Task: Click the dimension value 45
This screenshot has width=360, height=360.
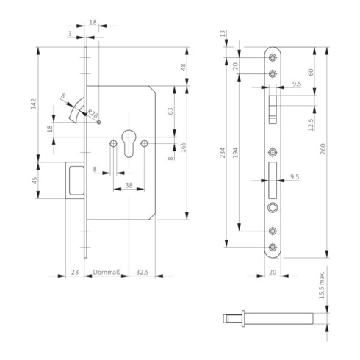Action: coord(35,181)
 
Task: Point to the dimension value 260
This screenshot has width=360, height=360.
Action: coord(323,151)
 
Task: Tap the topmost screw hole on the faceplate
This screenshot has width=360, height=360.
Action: coord(273,58)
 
